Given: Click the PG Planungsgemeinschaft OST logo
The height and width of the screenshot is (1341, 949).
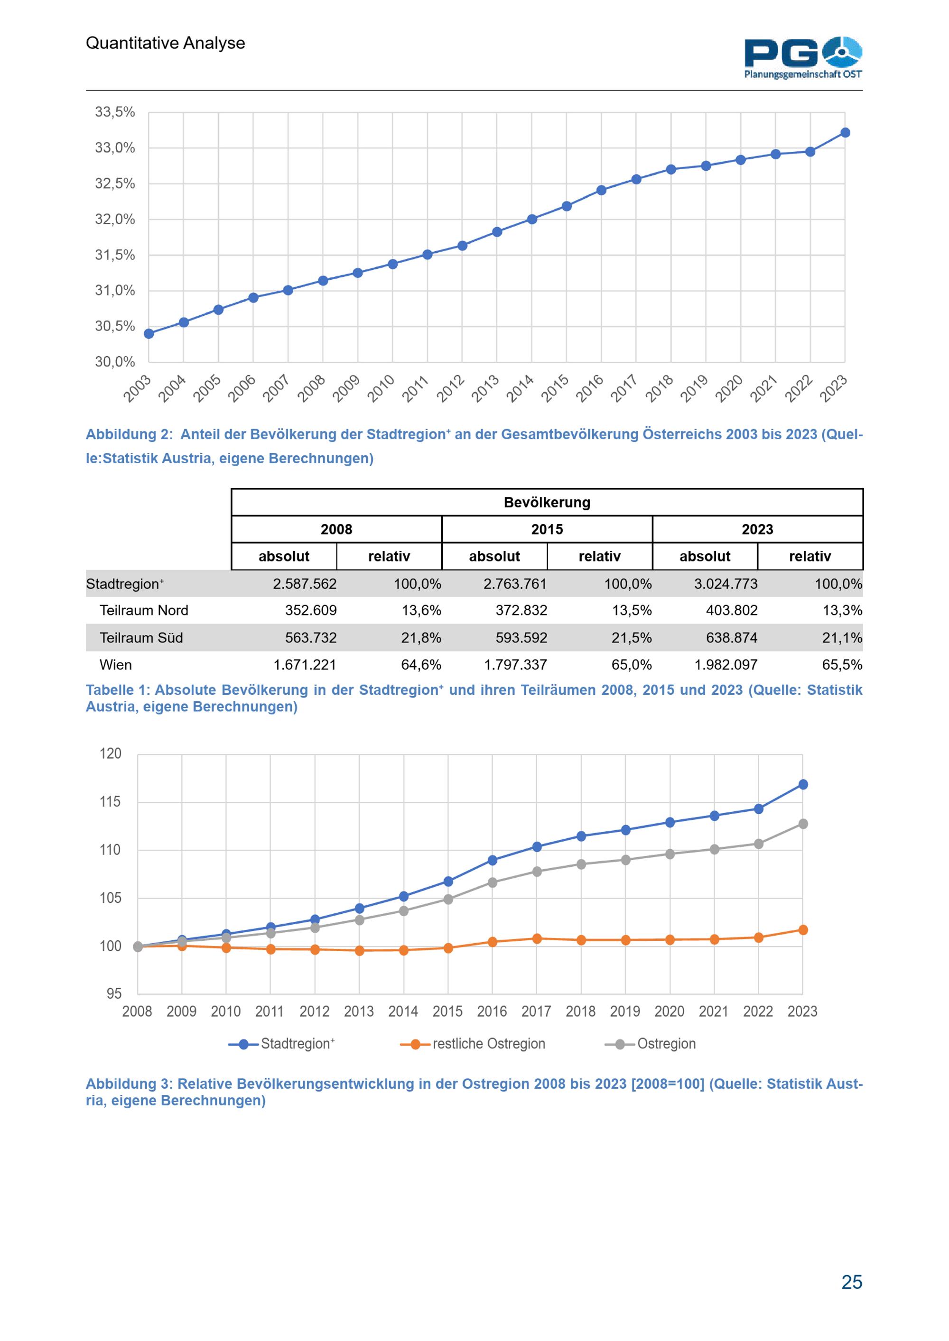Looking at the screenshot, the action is coord(803,57).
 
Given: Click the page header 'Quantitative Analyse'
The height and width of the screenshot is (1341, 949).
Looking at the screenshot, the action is coord(166,43).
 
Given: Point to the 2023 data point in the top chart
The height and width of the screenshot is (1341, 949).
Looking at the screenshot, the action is coord(845,133).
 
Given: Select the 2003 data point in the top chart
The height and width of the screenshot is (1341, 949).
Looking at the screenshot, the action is coord(149,333).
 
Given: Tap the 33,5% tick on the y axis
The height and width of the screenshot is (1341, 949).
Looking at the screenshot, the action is coord(115,111).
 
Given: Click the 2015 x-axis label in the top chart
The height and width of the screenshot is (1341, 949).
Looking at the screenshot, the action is coord(555,388).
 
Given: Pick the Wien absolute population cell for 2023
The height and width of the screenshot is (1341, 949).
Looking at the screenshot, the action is coord(726,665).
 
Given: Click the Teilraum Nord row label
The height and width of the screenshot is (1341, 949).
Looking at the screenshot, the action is coord(144,610).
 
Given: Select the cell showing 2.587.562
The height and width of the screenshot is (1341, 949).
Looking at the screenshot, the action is coord(305,583).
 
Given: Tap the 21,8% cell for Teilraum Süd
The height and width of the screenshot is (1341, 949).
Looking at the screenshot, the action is coord(421,638).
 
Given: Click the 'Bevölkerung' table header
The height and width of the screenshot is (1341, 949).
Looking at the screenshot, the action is coord(547,502).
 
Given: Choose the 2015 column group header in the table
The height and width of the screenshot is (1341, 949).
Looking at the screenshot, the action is coord(547,529).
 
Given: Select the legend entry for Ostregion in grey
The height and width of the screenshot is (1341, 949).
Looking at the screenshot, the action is coord(651,1044).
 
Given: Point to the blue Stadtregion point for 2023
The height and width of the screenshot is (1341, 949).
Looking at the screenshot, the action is coord(803,784).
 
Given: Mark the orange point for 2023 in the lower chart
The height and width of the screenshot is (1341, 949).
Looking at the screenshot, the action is coord(803,930).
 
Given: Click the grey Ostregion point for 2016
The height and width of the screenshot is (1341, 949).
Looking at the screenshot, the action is coord(493,882).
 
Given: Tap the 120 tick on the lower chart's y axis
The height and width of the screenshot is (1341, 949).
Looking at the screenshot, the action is coord(111,753).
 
